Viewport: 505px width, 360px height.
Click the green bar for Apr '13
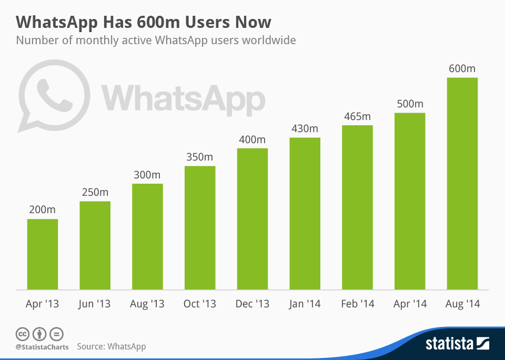click(42, 254)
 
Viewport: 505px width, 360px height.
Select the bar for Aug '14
click(462, 184)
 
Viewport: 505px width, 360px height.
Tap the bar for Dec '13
click(252, 219)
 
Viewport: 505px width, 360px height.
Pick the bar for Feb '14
click(357, 207)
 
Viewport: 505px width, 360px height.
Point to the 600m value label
click(462, 68)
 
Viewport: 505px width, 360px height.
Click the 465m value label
click(357, 116)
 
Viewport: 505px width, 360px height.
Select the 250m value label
click(95, 192)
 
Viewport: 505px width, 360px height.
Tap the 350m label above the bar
click(200, 157)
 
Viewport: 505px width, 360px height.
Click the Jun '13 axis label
click(95, 304)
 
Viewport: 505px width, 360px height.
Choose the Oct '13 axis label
click(200, 304)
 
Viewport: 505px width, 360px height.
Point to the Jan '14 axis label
click(305, 304)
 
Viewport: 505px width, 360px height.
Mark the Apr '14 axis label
click(410, 304)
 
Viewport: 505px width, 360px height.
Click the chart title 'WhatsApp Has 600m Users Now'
click(144, 22)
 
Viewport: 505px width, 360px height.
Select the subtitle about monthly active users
click(156, 40)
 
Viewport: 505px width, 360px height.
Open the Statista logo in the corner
click(457, 344)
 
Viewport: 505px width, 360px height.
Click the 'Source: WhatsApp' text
click(112, 346)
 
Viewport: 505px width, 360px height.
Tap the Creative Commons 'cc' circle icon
click(22, 334)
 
